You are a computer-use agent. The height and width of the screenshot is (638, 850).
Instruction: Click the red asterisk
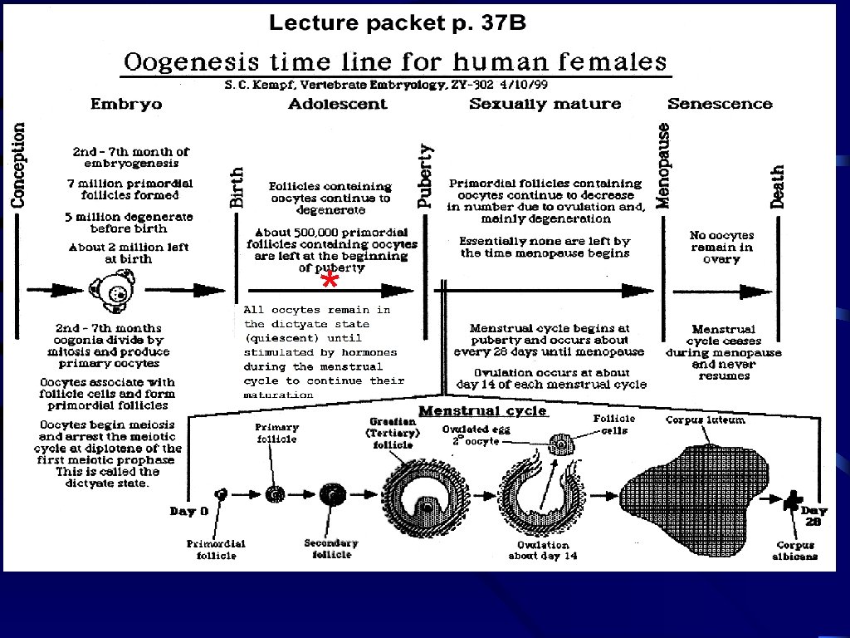330,282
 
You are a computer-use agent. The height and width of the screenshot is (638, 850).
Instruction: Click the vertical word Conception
18,165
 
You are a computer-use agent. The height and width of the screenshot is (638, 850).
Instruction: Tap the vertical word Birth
237,188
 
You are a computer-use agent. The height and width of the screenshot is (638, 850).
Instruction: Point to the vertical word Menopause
663,165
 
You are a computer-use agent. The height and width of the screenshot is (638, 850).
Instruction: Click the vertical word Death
777,187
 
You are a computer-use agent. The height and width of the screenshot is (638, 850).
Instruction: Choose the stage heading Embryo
126,104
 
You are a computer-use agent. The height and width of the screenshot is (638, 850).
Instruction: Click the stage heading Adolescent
338,104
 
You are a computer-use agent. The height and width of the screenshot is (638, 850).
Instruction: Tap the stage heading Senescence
720,104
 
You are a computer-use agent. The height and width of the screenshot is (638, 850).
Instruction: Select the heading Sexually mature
545,104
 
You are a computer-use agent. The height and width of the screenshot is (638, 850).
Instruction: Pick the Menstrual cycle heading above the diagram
482,410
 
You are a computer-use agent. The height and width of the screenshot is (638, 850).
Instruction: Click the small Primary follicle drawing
276,494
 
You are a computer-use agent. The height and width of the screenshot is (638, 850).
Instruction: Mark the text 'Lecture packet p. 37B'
397,23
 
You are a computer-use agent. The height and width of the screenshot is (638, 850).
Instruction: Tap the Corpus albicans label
795,551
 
